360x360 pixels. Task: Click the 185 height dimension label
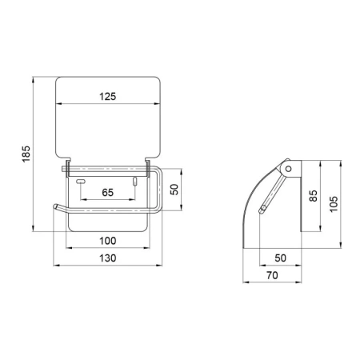26,154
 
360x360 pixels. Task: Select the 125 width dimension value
108,96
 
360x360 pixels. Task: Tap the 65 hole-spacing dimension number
108,192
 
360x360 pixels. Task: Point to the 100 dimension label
108,241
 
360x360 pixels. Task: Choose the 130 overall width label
108,258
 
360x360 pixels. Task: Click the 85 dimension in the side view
314,196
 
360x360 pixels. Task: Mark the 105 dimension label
334,204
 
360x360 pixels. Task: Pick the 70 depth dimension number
272,275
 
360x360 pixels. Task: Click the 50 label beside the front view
174,190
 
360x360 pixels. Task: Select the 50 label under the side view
280,258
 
